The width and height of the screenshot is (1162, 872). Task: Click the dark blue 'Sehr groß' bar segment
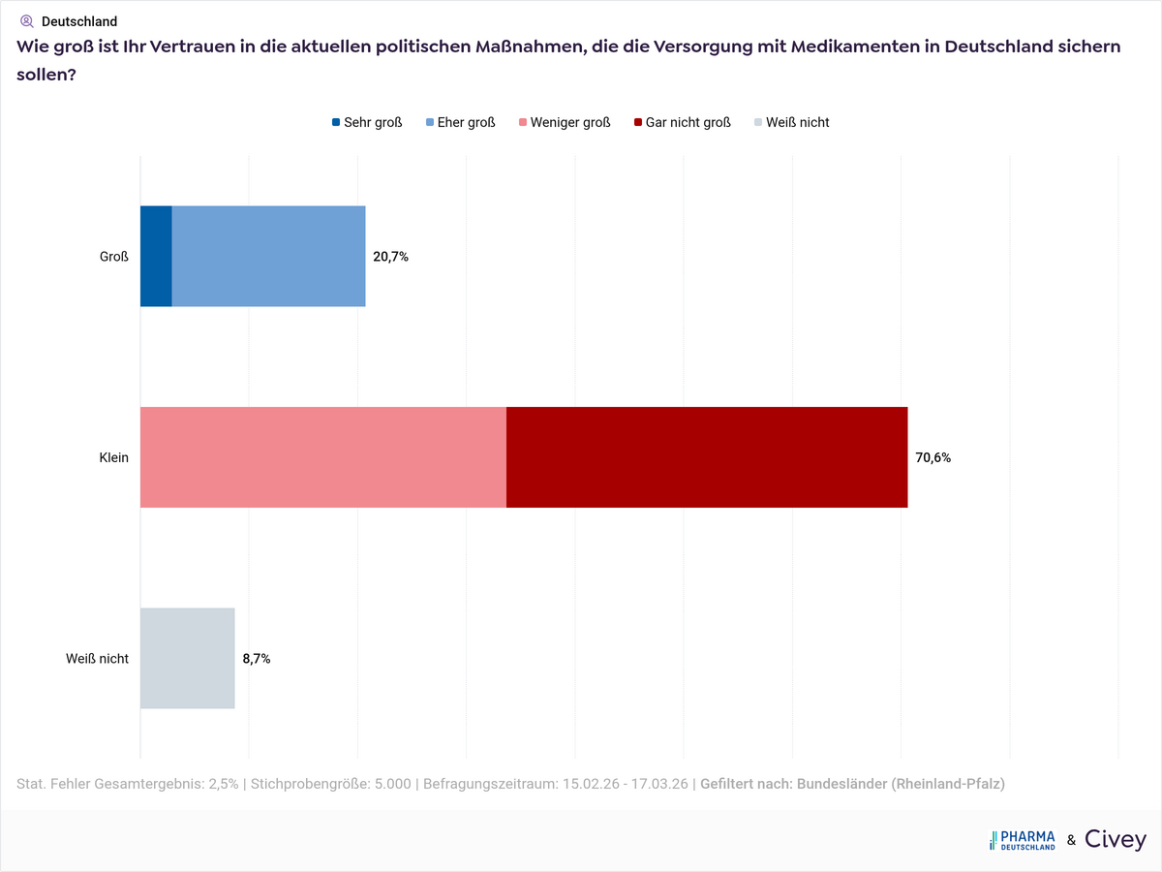tap(156, 257)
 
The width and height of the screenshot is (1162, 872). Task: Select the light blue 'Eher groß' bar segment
tap(268, 257)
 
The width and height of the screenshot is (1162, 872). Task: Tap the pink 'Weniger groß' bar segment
tap(323, 457)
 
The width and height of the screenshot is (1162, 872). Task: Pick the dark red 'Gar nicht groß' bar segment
tap(707, 457)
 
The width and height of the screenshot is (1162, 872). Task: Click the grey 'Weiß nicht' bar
tap(188, 659)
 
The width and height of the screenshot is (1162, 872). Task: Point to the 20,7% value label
tap(391, 257)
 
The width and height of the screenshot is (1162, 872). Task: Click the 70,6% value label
tap(933, 457)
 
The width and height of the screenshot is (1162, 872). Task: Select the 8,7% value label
tap(257, 659)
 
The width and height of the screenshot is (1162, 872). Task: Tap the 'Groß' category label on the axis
tap(115, 257)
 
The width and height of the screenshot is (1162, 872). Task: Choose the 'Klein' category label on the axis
tap(113, 457)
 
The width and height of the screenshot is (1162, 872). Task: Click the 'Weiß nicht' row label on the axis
tap(97, 659)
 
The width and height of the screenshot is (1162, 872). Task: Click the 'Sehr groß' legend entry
tap(367, 122)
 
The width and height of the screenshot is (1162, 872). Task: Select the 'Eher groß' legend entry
tap(460, 122)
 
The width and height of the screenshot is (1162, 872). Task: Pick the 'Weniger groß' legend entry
tap(565, 122)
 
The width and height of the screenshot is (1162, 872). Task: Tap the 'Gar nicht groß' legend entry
tap(682, 122)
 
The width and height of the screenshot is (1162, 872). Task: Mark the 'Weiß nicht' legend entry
tap(791, 122)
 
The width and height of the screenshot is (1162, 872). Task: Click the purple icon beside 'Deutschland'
tap(26, 20)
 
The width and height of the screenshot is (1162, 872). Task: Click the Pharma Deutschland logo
tap(1023, 840)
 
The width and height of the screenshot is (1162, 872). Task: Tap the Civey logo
tap(1115, 840)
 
